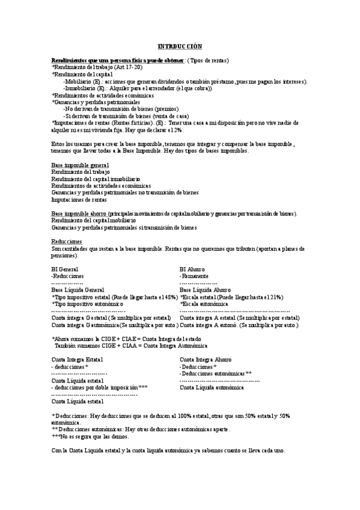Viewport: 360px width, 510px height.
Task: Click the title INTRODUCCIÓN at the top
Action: coord(180,46)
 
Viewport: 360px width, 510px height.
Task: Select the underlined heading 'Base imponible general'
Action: coord(79,165)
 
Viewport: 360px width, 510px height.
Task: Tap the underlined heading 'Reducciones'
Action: coord(66,241)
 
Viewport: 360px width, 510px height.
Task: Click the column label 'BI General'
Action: coord(65,269)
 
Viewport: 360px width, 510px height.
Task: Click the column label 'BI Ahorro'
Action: coord(192,269)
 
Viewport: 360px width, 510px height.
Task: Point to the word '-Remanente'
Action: coord(195,276)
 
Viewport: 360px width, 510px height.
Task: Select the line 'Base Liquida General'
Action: coord(78,290)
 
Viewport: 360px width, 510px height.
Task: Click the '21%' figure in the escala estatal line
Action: coord(276,297)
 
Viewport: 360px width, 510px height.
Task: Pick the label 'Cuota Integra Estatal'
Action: coord(77,359)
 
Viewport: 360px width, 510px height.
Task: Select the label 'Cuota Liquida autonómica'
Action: coord(212,387)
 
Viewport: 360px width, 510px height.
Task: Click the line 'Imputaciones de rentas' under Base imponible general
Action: coord(79,199)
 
